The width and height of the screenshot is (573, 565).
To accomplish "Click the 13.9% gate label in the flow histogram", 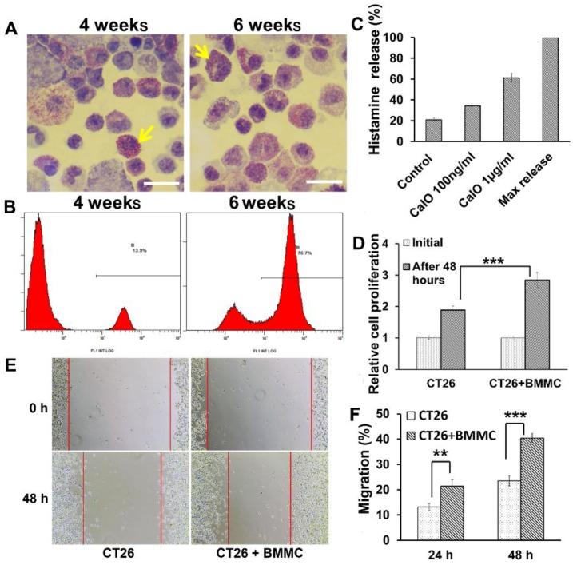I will coord(137,249).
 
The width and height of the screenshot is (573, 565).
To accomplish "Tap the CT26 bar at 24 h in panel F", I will coord(429,523).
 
